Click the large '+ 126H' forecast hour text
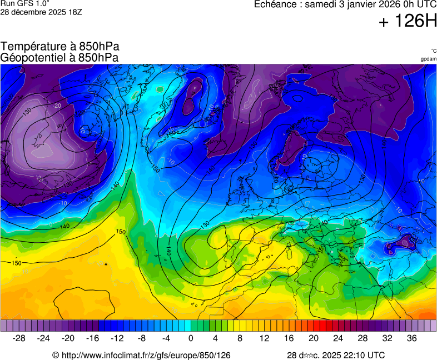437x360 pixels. coord(408,22)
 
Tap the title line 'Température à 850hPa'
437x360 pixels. coord(59,47)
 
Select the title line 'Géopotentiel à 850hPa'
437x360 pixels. coord(59,57)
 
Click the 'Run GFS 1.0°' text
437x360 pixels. coord(25,3)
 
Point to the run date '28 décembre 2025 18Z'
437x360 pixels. coord(41,12)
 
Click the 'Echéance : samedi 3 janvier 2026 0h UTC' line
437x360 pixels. coord(345,4)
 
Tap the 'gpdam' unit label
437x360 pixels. coord(428,58)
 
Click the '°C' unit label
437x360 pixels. coord(433,51)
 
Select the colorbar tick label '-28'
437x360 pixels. coord(19,338)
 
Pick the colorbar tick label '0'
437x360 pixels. coord(191,338)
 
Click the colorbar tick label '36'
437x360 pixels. coord(411,338)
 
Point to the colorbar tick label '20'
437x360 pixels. coord(313,338)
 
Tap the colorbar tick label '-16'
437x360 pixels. coord(92,338)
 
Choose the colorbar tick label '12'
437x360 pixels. coord(264,338)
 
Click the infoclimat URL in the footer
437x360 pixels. coord(145,355)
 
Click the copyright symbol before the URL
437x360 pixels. coord(56,355)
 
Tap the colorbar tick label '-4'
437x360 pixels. coord(166,338)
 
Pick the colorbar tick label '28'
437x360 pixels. coord(362,338)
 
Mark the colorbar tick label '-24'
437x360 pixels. coord(43,338)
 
